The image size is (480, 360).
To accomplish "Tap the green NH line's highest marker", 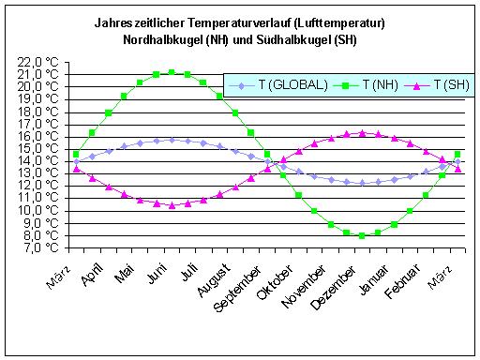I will [172, 72].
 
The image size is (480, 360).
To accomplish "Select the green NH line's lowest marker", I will [362, 235].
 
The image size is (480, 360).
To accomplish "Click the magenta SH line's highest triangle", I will [362, 133].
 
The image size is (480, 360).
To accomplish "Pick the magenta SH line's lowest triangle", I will [172, 205].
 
